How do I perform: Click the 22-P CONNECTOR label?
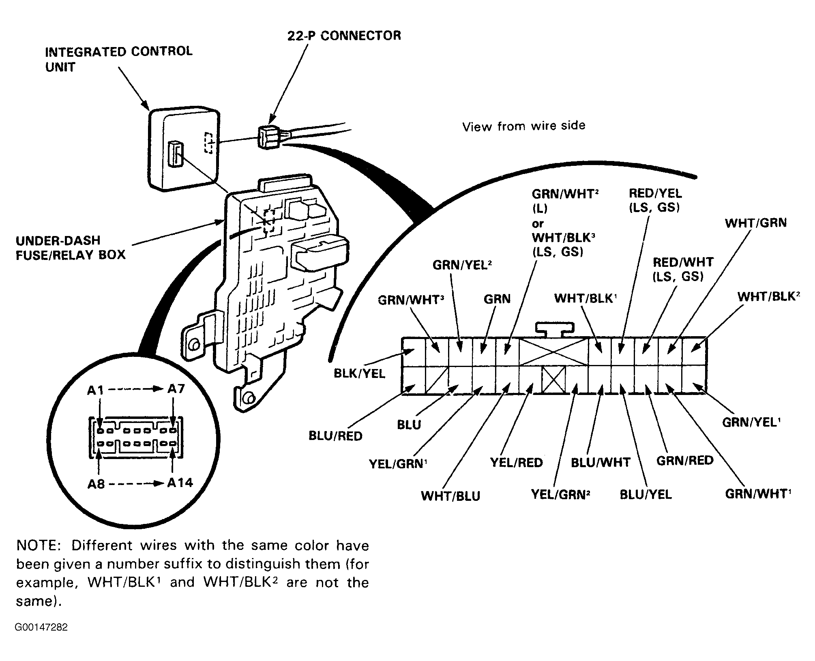pyautogui.click(x=344, y=36)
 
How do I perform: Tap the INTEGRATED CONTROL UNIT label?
pyautogui.click(x=119, y=59)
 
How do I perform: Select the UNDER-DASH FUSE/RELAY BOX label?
pyautogui.click(x=71, y=247)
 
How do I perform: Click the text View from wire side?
pyautogui.click(x=524, y=126)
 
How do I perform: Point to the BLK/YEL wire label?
pyautogui.click(x=359, y=373)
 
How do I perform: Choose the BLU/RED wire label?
pyautogui.click(x=335, y=436)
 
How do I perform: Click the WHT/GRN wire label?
pyautogui.click(x=756, y=223)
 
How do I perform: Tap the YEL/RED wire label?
pyautogui.click(x=516, y=462)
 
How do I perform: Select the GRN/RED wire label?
pyautogui.click(x=685, y=460)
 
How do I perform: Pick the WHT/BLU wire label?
pyautogui.click(x=450, y=496)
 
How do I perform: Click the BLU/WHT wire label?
pyautogui.click(x=601, y=462)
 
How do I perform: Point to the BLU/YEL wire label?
pyautogui.click(x=646, y=494)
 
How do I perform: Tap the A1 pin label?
pyautogui.click(x=96, y=390)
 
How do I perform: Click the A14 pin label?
pyautogui.click(x=180, y=483)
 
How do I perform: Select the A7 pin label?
pyautogui.click(x=176, y=389)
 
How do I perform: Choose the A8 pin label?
pyautogui.click(x=97, y=484)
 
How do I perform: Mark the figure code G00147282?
pyautogui.click(x=41, y=627)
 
